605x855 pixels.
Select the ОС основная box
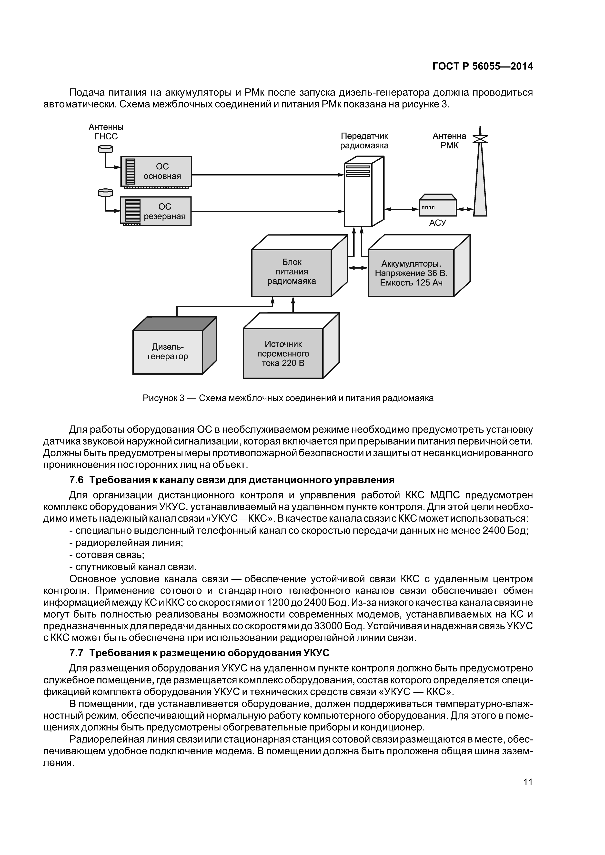point(156,171)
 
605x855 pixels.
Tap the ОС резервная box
point(156,212)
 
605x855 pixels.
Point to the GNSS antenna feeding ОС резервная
point(105,193)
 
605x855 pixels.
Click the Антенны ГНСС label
point(106,132)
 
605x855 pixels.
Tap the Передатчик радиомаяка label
point(364,141)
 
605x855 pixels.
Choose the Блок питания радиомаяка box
point(292,272)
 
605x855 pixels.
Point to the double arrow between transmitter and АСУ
point(402,209)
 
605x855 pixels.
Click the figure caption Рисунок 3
point(288,398)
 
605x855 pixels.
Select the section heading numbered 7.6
point(232,480)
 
